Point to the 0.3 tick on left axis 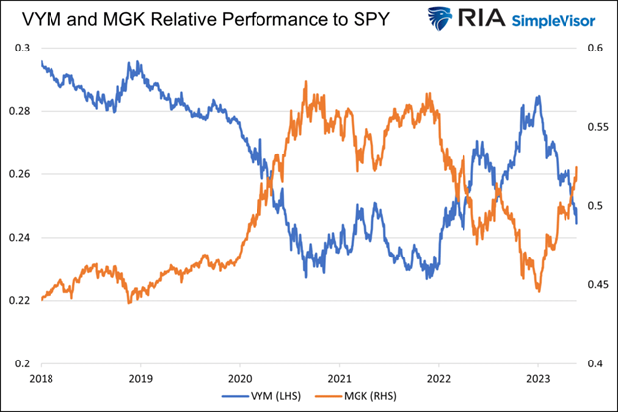(x=23, y=48)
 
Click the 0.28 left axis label (x=20, y=111)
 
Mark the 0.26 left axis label (x=20, y=174)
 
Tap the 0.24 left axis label (x=20, y=238)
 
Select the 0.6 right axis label (x=598, y=48)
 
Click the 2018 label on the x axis (x=42, y=379)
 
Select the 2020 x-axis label (x=240, y=379)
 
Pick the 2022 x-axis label (x=438, y=379)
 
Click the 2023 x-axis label (x=537, y=379)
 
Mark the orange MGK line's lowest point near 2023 (x=538, y=291)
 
